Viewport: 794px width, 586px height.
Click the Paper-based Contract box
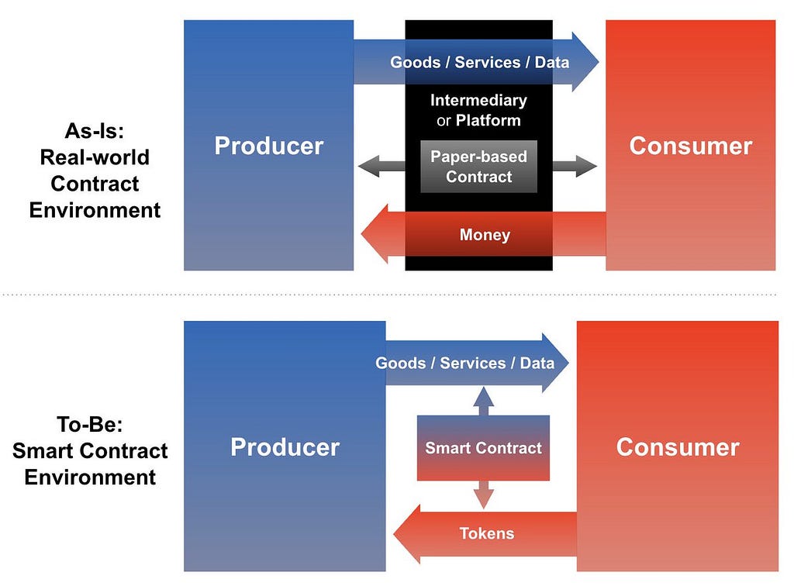[478, 167]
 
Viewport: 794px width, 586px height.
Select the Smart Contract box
[483, 448]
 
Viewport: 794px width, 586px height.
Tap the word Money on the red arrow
[485, 235]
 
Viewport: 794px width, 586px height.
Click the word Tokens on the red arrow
[487, 533]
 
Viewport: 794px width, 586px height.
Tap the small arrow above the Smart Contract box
[484, 402]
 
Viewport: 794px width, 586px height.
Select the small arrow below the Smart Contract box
[484, 495]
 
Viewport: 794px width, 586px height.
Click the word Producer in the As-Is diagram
[269, 146]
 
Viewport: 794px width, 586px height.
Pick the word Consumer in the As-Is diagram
[691, 146]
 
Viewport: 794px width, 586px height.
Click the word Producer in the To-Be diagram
[285, 447]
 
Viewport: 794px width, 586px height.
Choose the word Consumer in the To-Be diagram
[678, 447]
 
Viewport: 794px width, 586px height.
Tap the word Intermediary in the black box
[478, 100]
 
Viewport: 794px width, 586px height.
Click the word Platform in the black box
[488, 120]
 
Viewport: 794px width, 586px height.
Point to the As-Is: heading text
[95, 131]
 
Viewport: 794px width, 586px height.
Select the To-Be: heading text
[90, 424]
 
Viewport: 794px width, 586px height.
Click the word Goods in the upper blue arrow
[416, 62]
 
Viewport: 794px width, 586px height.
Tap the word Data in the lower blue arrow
[537, 364]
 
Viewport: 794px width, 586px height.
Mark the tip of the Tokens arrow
[394, 534]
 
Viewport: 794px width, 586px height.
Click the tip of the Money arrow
[361, 234]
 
